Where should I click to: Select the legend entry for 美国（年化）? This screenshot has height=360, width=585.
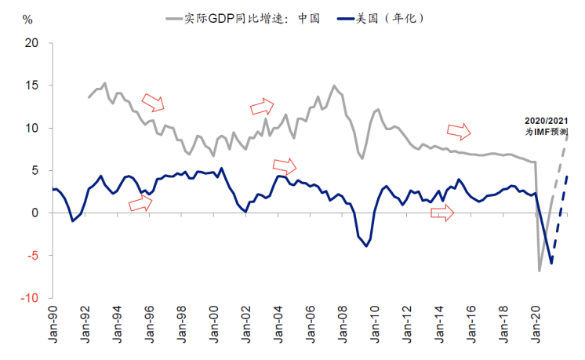(384, 16)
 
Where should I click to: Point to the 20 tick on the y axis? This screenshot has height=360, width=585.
(31, 43)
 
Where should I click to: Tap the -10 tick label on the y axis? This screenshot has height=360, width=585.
(29, 298)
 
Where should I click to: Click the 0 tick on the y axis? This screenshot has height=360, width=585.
(35, 213)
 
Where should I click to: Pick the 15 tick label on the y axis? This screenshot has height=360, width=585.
(31, 85)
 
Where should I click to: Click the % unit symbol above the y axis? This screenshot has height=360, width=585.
(29, 18)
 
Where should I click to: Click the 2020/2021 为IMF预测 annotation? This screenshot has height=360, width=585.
(547, 126)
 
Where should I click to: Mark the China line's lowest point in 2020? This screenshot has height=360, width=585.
(540, 271)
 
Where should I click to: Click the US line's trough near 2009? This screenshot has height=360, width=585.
(366, 246)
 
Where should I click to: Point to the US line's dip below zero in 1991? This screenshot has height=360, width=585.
(73, 220)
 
